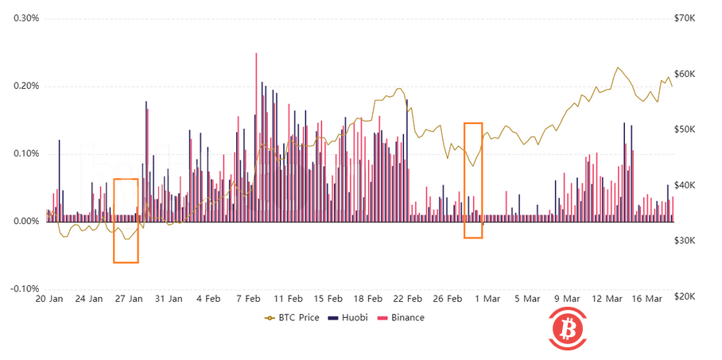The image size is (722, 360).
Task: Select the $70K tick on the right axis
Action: [685, 18]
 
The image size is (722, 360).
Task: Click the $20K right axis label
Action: [685, 296]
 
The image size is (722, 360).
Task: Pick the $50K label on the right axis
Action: [685, 130]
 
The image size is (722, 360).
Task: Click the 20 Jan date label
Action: [49, 300]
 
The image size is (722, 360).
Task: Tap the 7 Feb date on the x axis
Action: [248, 300]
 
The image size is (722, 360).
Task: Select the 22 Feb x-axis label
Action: [408, 300]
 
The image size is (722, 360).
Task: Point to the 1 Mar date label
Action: [487, 300]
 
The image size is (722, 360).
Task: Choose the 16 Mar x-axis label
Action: [646, 300]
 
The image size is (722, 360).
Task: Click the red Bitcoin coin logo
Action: [568, 327]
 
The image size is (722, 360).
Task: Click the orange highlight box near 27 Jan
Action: [126, 220]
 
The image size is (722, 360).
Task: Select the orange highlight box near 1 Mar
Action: [473, 180]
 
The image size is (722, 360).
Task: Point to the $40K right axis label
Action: [685, 185]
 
